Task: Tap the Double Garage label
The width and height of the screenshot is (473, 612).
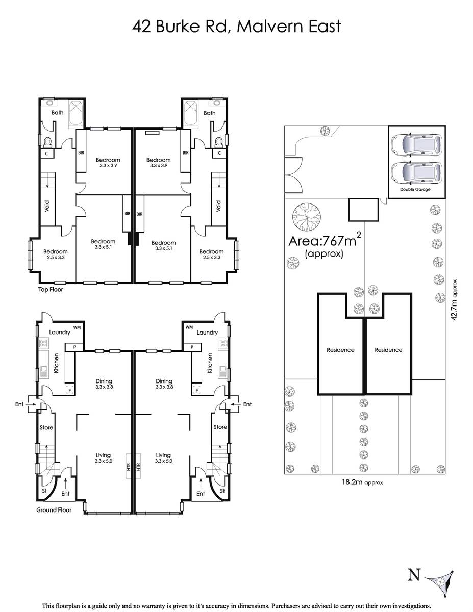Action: pyautogui.click(x=415, y=190)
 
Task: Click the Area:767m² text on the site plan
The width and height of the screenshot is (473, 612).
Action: pyautogui.click(x=325, y=240)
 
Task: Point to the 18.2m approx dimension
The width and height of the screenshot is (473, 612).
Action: pyautogui.click(x=362, y=483)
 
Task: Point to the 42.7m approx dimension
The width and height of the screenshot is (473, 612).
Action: pyautogui.click(x=454, y=300)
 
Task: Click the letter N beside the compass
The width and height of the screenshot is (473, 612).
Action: pyautogui.click(x=414, y=575)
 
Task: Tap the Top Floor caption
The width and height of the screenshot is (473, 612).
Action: pyautogui.click(x=51, y=290)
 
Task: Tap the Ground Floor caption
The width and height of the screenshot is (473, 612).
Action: pyautogui.click(x=54, y=510)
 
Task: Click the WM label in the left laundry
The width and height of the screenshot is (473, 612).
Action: pyautogui.click(x=77, y=327)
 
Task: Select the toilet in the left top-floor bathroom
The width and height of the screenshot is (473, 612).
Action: pyautogui.click(x=48, y=142)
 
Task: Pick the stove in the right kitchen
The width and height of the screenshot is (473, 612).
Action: pyautogui.click(x=223, y=343)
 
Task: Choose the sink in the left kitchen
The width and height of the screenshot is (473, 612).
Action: pyautogui.click(x=44, y=371)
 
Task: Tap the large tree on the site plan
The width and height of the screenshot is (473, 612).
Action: pyautogui.click(x=306, y=217)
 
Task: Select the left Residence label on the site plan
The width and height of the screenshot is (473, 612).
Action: pyautogui.click(x=340, y=350)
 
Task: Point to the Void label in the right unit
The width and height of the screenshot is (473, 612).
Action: pyautogui.click(x=218, y=206)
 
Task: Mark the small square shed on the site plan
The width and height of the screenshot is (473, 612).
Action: pyautogui.click(x=363, y=210)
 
